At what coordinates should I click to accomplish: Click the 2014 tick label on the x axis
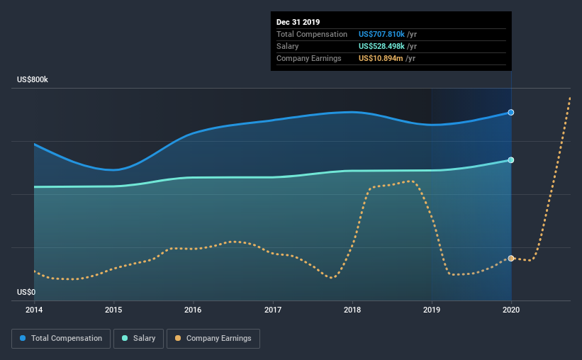(34, 310)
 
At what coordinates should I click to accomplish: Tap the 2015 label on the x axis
(113, 310)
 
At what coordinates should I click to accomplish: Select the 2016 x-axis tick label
(193, 310)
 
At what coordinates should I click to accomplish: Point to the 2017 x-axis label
(273, 310)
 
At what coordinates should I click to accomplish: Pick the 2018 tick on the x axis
(352, 310)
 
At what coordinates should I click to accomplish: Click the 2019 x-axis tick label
(432, 310)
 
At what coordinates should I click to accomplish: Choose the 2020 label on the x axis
(511, 310)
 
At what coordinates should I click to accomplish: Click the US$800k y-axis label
(33, 80)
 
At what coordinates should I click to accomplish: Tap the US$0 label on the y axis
(26, 292)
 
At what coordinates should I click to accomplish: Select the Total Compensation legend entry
(61, 339)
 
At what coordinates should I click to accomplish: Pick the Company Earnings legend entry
(213, 339)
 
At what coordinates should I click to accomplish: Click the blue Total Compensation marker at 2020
(511, 113)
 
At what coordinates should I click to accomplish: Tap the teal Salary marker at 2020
(511, 160)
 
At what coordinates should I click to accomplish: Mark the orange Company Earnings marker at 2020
(511, 259)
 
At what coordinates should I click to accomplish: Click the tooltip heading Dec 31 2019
(298, 22)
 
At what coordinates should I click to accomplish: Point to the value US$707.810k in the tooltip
(381, 34)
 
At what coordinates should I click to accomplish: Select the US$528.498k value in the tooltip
(381, 46)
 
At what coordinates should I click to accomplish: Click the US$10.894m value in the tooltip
(380, 58)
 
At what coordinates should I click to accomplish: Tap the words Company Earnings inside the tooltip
(309, 58)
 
